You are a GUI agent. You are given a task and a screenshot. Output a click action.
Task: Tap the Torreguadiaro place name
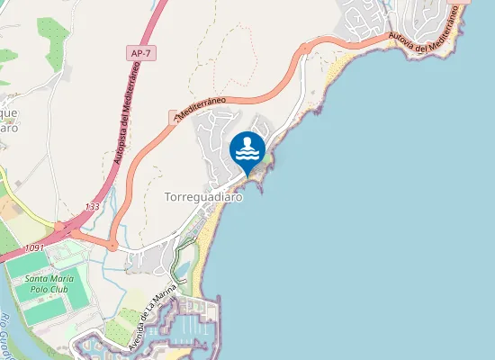click(x=203, y=197)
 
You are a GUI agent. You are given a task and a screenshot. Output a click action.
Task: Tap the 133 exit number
click(x=93, y=207)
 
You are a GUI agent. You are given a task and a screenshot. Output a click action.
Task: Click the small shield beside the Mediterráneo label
click(x=175, y=116)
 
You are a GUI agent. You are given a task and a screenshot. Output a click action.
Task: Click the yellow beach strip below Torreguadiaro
click(x=211, y=236)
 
